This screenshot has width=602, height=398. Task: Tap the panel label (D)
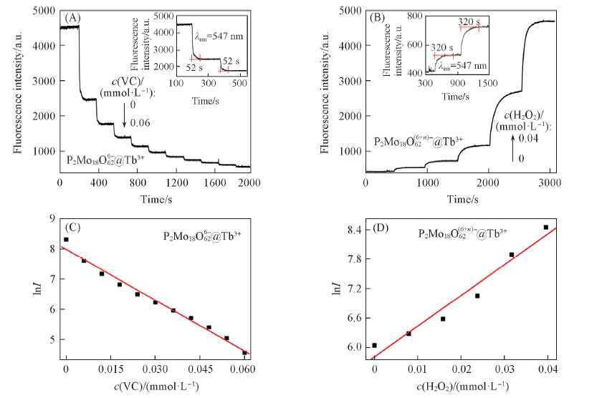click(x=377, y=229)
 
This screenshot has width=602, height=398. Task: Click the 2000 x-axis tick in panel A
click(x=249, y=183)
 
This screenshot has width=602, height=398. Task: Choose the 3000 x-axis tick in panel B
click(x=548, y=183)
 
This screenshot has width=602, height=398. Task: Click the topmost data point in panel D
click(x=545, y=227)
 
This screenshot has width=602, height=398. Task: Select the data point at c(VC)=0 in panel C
click(x=66, y=240)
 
